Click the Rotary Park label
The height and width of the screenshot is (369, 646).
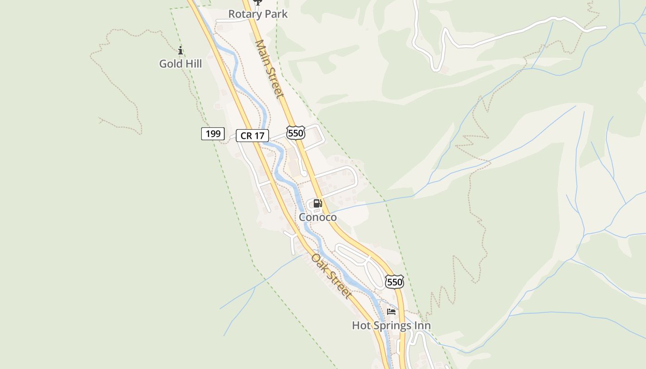258,14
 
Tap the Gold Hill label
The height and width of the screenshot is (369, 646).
180,64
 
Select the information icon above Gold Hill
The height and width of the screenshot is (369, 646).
180,50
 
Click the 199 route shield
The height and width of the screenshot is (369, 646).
213,134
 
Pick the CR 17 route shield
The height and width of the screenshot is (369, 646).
252,136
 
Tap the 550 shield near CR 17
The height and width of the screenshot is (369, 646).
295,133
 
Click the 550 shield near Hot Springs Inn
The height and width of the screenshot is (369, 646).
395,282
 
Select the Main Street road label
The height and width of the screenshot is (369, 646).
269,69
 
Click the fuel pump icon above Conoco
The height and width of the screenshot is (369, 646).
317,203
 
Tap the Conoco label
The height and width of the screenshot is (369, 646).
318,217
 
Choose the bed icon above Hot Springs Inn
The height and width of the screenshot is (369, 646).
391,312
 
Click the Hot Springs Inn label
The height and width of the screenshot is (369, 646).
391,326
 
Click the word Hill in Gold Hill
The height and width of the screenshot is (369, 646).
193,64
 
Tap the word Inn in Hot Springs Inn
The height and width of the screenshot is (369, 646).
422,326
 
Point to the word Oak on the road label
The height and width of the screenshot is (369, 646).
318,261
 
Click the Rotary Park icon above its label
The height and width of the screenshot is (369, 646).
257,2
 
